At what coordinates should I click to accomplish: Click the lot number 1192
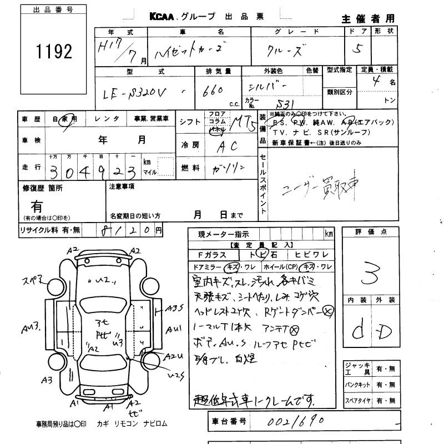(54, 52)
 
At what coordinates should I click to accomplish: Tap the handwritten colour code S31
(286, 104)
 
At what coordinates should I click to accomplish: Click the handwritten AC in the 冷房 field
(226, 147)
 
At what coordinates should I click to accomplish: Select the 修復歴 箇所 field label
(43, 188)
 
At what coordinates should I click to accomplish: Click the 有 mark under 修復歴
(37, 206)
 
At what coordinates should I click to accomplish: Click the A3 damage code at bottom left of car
(47, 380)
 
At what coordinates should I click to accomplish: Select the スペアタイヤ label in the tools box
(357, 400)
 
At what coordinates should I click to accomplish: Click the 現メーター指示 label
(224, 235)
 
